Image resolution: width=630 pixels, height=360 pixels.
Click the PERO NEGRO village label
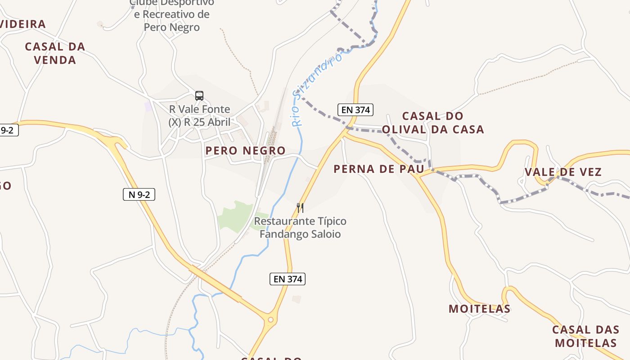pos(245,151)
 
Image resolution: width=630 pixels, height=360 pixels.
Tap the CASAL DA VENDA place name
pos(55,53)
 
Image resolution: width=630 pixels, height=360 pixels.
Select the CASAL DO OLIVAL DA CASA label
pos(433,123)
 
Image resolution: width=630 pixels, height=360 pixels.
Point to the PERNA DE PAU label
pos(378,169)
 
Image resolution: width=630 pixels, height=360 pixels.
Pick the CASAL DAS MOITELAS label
pos(585,336)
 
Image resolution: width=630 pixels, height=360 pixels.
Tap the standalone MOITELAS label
pos(479,309)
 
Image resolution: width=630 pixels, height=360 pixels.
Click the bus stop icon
pos(199,95)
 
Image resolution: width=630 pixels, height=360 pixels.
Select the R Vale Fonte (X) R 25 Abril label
pos(199,116)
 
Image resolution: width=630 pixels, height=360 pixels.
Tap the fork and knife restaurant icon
pos(300,207)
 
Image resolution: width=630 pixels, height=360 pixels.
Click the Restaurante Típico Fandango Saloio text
pos(300,228)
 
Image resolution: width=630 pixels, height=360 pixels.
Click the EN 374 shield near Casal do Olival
pos(355,109)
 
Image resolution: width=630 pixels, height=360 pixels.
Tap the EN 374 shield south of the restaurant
pos(288,279)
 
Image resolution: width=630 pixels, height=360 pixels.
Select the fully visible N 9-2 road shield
pos(139,194)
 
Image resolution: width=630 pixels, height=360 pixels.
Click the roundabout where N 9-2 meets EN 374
pos(270,320)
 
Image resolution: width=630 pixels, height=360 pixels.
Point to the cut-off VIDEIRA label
pos(22,24)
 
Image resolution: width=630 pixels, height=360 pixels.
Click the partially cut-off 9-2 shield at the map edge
pos(9,130)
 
